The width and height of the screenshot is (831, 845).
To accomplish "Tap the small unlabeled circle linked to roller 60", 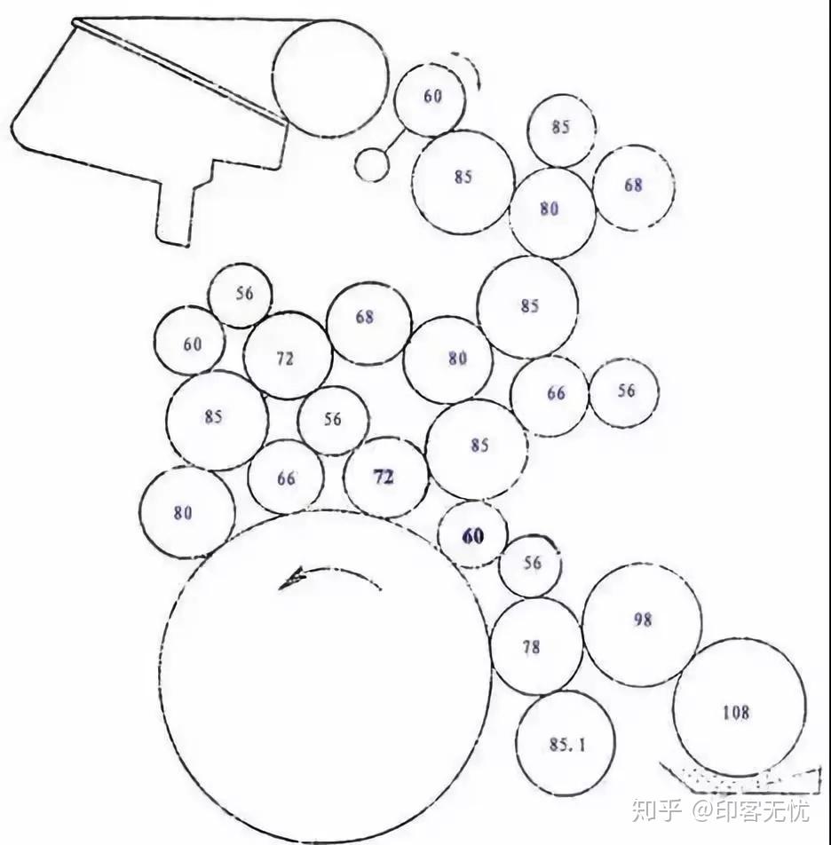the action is coord(371,165).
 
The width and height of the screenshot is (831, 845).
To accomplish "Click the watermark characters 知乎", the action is coord(656,810).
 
